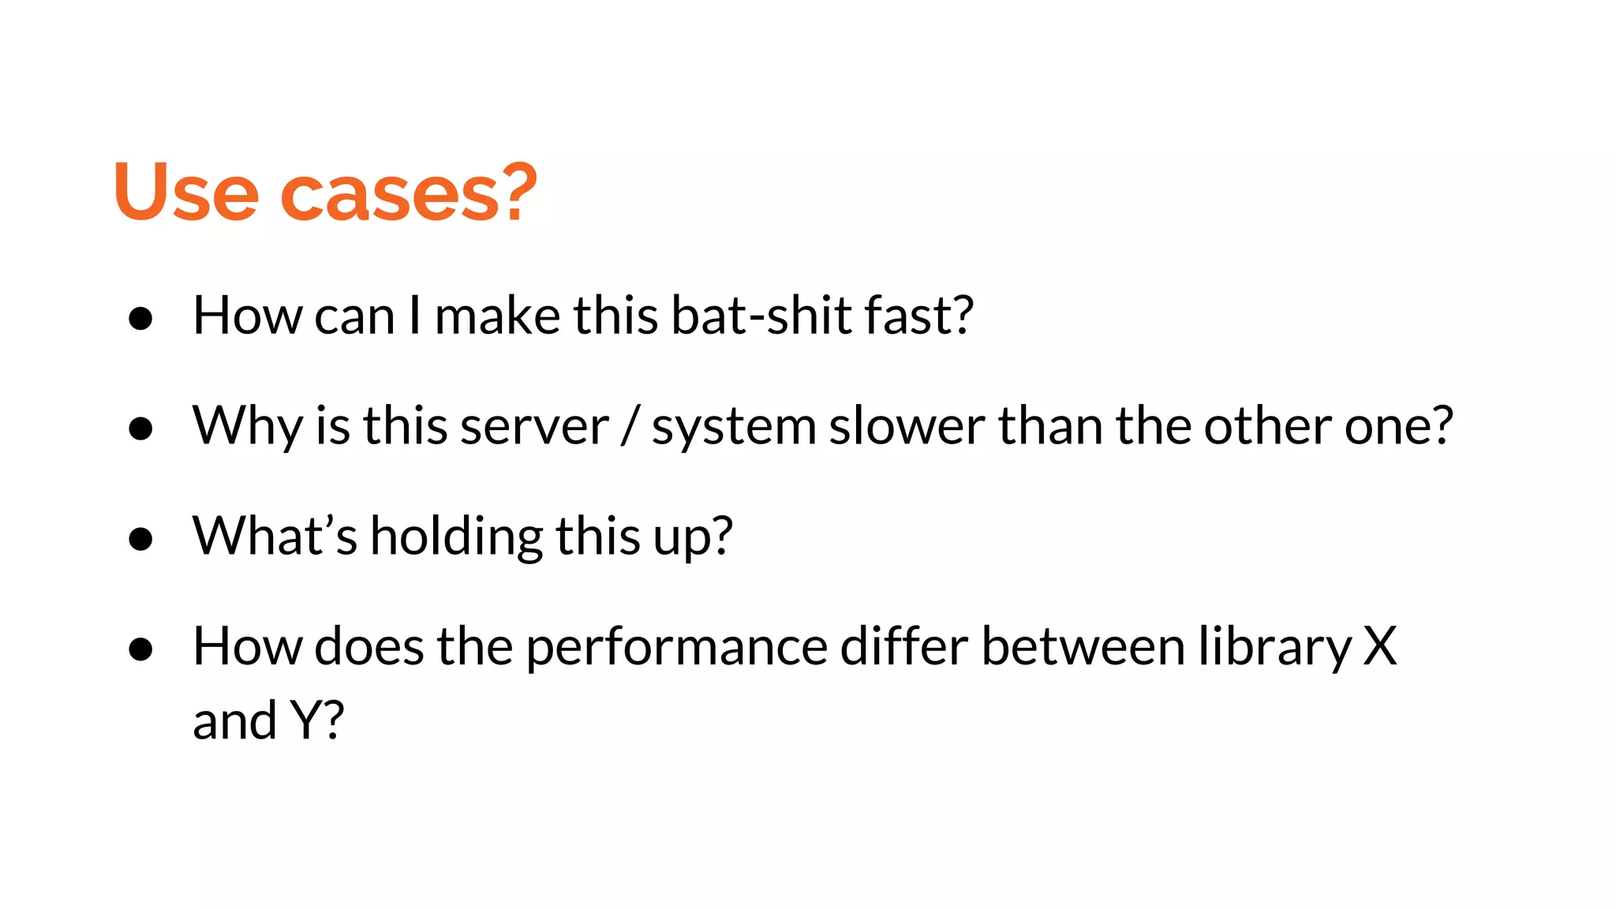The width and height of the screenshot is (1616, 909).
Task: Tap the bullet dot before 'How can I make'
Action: (140, 318)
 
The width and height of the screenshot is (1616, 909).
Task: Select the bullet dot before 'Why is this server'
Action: (140, 428)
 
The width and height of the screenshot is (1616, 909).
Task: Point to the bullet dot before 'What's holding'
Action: (140, 539)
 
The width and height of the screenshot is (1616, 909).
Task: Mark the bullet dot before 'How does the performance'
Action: (140, 649)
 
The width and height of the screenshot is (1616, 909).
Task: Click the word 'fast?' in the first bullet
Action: (919, 316)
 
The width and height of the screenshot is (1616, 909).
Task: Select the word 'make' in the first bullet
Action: (498, 316)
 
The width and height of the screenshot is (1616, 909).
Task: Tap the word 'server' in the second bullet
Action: (534, 427)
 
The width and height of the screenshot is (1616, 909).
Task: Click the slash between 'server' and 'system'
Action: (630, 427)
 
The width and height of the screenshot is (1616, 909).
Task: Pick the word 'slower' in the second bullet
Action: (907, 427)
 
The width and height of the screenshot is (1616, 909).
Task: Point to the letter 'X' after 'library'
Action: (1380, 647)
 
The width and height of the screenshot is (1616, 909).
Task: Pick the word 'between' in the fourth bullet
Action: (1083, 647)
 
